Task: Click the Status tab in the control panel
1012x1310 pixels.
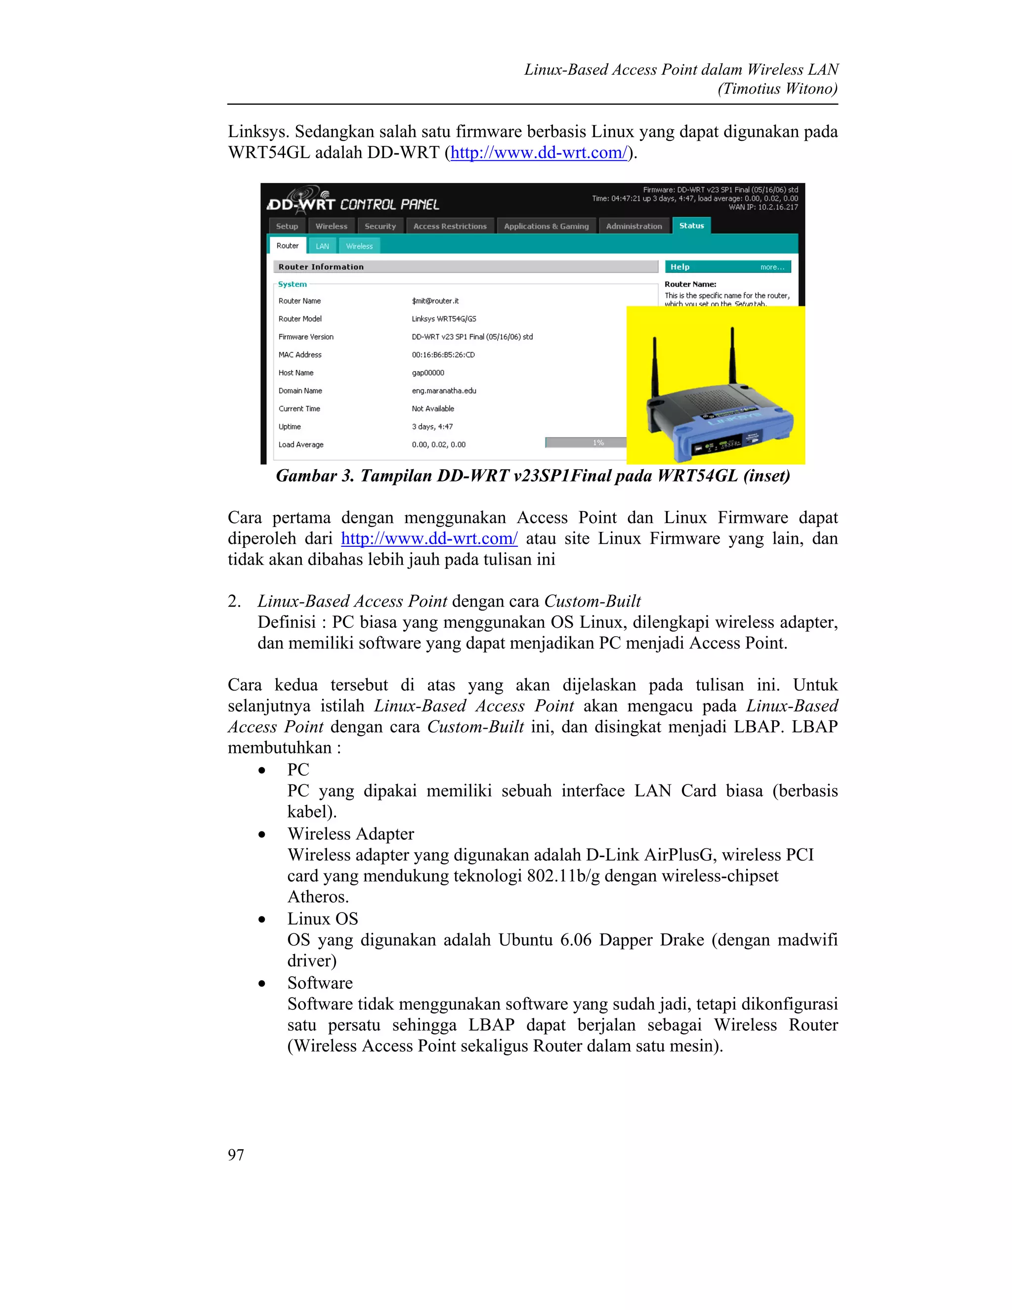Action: pos(691,225)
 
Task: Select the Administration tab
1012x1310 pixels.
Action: pos(633,226)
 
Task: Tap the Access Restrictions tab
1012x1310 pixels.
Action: pos(450,226)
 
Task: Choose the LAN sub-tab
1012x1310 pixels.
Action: pos(323,246)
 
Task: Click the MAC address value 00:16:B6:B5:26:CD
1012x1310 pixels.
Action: pos(443,354)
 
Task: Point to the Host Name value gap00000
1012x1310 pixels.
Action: pos(428,373)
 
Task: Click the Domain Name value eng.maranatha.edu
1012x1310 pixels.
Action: pos(444,391)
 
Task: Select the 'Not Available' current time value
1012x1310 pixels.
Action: pos(433,408)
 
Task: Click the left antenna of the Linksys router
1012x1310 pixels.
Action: pos(655,366)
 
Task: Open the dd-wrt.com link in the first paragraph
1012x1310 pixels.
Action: pos(539,152)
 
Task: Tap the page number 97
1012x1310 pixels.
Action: pos(236,1155)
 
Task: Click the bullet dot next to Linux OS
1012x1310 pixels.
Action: pos(261,919)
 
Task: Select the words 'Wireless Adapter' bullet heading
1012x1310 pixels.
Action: pos(350,834)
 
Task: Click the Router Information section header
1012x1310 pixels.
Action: pos(321,267)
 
